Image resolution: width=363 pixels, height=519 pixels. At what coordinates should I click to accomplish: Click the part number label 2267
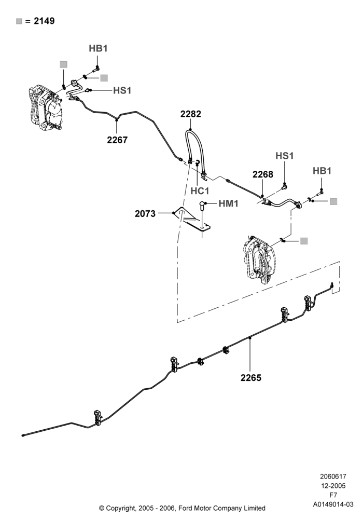(x=117, y=140)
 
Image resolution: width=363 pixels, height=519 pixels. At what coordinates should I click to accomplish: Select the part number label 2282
(x=191, y=114)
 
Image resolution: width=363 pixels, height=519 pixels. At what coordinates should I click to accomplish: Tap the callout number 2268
(x=263, y=174)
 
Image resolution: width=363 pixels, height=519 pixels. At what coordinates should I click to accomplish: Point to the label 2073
(x=145, y=213)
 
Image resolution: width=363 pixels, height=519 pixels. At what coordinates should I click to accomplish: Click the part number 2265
(x=251, y=378)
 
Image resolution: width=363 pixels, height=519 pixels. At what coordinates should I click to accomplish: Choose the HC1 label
(x=200, y=191)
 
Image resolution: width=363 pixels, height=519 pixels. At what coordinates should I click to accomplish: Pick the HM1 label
(x=229, y=203)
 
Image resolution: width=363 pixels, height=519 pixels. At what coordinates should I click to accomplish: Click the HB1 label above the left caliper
(x=98, y=48)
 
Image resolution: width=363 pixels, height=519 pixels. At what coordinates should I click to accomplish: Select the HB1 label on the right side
(x=322, y=171)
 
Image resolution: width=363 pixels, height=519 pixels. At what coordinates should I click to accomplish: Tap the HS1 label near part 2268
(x=285, y=156)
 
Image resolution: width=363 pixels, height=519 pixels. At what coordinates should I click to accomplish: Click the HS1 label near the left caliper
(x=122, y=90)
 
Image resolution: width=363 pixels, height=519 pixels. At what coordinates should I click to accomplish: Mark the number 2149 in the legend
(x=44, y=21)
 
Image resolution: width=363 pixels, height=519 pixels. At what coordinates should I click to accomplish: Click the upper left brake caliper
(x=45, y=108)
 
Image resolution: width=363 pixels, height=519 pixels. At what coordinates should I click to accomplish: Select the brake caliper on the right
(x=259, y=259)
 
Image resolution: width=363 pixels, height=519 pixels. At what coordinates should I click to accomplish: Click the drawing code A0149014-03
(x=333, y=504)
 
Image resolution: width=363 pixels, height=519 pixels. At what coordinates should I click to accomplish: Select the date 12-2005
(x=333, y=486)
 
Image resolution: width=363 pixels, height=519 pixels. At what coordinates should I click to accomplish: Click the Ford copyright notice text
(x=182, y=508)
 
